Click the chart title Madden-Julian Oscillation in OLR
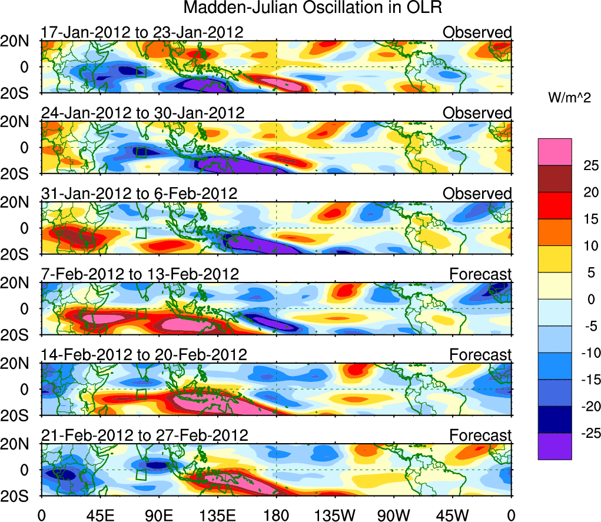click(313, 8)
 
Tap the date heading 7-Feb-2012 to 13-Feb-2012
click(140, 274)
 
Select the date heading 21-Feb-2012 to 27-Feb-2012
click(144, 435)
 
